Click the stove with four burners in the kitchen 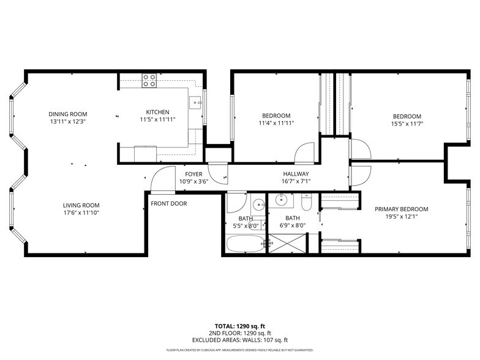pyautogui.click(x=149, y=80)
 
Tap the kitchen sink pyautogui.click(x=195, y=102)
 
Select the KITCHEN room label pyautogui.click(x=157, y=112)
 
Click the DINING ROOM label pyautogui.click(x=68, y=114)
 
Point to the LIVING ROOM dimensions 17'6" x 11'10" pyautogui.click(x=81, y=213)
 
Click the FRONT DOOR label pyautogui.click(x=169, y=204)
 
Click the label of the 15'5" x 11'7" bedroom pyautogui.click(x=407, y=116)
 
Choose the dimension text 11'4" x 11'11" pyautogui.click(x=276, y=123)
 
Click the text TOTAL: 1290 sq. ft pyautogui.click(x=239, y=326)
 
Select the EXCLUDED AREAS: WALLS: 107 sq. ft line pyautogui.click(x=239, y=340)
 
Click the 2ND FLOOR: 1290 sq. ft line pyautogui.click(x=239, y=333)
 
